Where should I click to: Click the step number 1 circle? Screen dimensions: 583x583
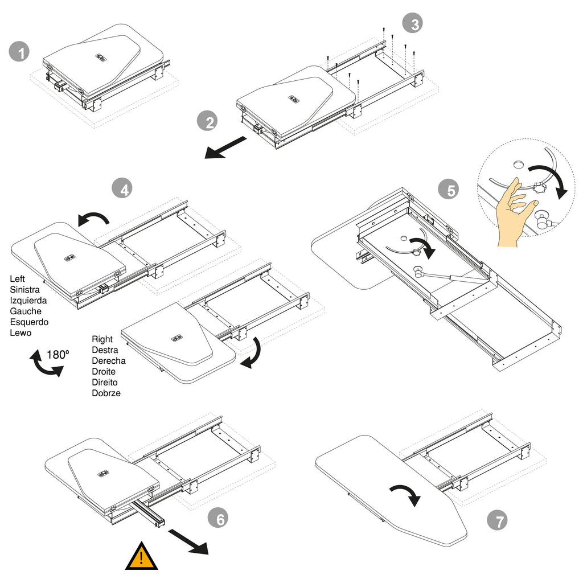[21, 54]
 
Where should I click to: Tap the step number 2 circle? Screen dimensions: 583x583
[208, 122]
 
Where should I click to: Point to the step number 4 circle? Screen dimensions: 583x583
[124, 188]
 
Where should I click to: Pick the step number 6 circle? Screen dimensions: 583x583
[219, 519]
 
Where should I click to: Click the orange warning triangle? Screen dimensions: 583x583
[142, 557]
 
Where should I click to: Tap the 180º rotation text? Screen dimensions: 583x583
[58, 355]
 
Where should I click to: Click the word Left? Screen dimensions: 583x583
[18, 280]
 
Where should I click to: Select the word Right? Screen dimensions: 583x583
[102, 339]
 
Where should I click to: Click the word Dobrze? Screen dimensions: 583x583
[106, 393]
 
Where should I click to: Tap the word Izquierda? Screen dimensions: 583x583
[28, 301]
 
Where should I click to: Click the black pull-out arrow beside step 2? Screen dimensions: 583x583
[227, 146]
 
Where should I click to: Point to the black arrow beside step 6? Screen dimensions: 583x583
[189, 541]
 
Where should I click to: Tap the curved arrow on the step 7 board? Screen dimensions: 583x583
[406, 494]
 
